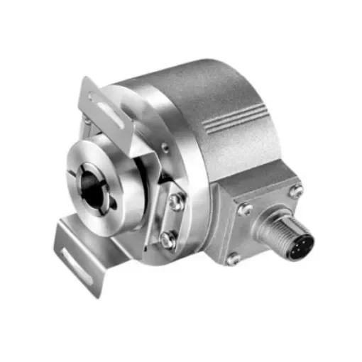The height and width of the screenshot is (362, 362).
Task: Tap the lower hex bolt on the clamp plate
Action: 168,241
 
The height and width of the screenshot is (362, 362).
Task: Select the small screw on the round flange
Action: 164,148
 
